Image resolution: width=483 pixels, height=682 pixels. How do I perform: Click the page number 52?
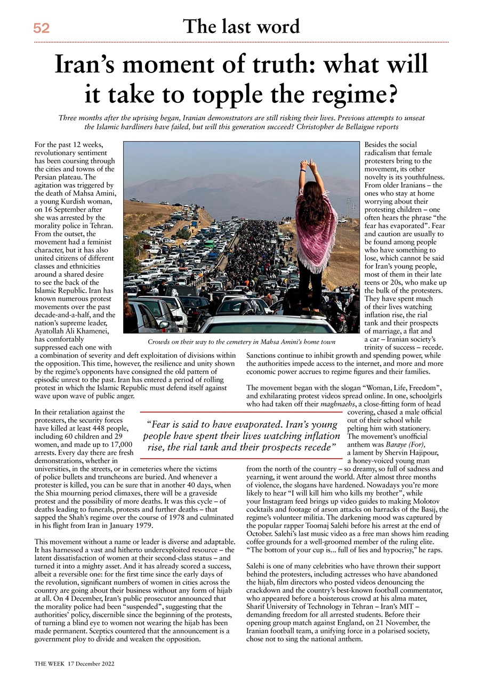point(41,29)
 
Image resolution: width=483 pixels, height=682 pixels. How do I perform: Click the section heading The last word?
point(241,26)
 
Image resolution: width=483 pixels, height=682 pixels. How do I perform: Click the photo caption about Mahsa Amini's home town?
point(241,341)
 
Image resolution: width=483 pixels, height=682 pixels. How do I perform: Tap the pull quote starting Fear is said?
point(241,435)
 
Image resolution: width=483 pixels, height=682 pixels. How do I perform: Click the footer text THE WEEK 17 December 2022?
point(75,664)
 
